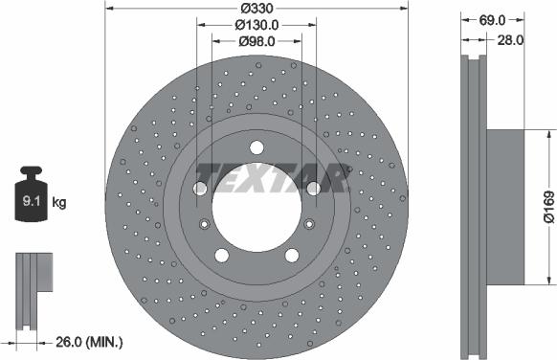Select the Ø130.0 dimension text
click(x=255, y=24)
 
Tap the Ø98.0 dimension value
click(x=256, y=40)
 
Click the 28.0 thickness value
click(x=509, y=40)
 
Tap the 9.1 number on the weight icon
click(x=33, y=201)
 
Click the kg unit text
click(x=59, y=202)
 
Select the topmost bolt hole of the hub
click(x=256, y=147)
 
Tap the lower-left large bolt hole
click(x=222, y=255)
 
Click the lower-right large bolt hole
click(x=291, y=255)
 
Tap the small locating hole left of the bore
click(x=204, y=225)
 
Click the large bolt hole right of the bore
click(x=312, y=189)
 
